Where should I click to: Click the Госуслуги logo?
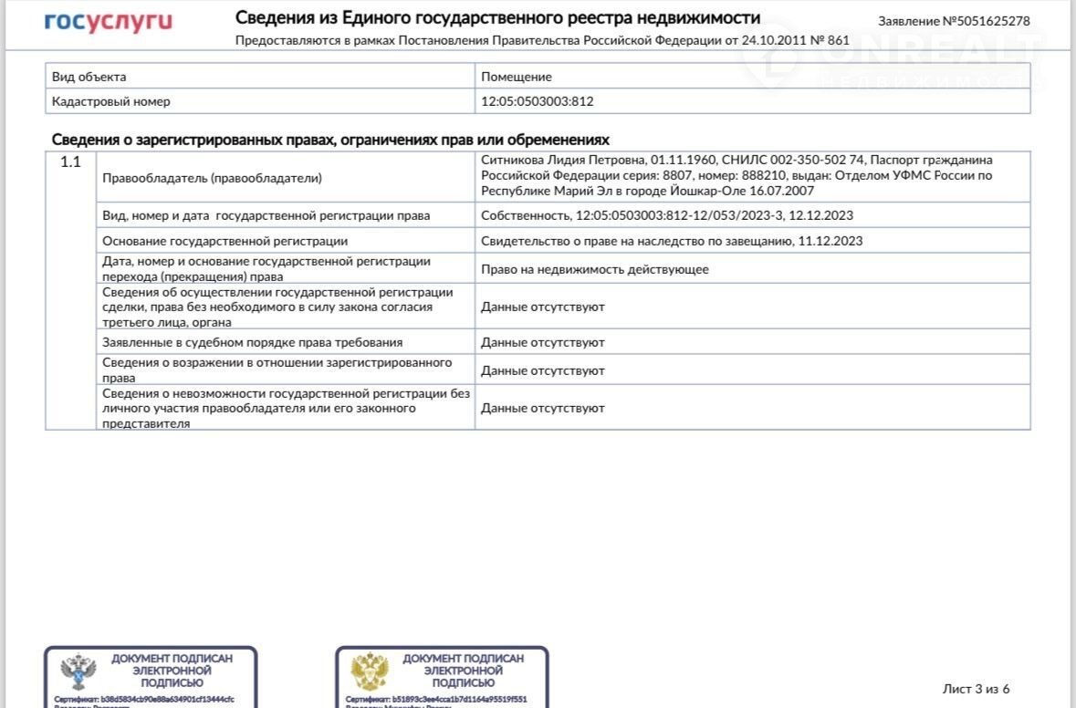point(109,23)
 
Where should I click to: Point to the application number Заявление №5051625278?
point(954,21)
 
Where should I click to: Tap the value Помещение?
point(517,77)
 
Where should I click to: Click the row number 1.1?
point(70,162)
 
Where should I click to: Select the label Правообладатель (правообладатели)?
point(212,179)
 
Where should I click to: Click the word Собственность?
point(525,215)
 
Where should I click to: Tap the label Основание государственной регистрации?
point(225,241)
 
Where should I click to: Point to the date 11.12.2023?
point(830,241)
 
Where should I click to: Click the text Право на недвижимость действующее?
point(594,269)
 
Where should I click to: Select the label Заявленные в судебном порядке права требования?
point(252,342)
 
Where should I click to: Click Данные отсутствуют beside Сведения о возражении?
point(543,370)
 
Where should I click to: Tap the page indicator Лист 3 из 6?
point(976,689)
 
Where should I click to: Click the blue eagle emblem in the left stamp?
point(78,673)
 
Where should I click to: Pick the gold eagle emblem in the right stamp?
point(370,673)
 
